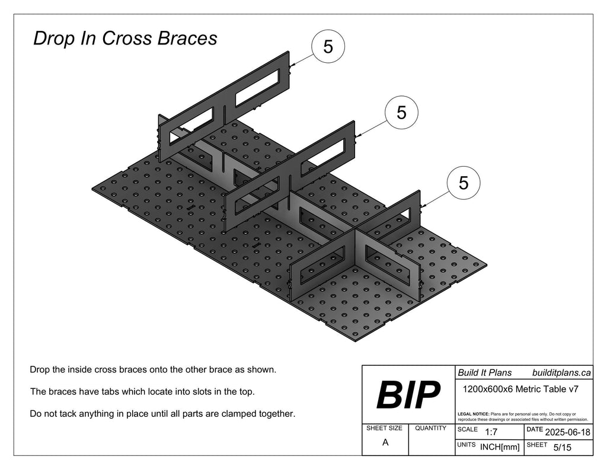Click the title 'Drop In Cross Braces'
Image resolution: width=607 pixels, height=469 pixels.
125,39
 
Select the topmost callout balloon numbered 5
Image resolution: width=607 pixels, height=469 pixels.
328,46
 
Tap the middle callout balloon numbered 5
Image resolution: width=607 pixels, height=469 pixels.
402,113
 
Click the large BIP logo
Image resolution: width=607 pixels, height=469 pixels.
408,394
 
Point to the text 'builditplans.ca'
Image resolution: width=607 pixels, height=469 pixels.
561,373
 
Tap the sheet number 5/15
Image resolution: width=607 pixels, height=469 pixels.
561,448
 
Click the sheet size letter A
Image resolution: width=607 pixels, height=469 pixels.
385,442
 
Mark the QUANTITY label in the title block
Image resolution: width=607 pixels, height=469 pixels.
431,428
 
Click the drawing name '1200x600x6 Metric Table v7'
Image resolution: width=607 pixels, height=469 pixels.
520,390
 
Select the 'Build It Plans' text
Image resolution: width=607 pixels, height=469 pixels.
484,373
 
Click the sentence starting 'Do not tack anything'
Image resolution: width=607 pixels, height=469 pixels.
162,413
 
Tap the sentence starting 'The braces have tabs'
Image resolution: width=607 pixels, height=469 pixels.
144,392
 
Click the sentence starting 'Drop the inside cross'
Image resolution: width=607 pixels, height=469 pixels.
153,370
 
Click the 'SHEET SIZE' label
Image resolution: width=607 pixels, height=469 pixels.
384,428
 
